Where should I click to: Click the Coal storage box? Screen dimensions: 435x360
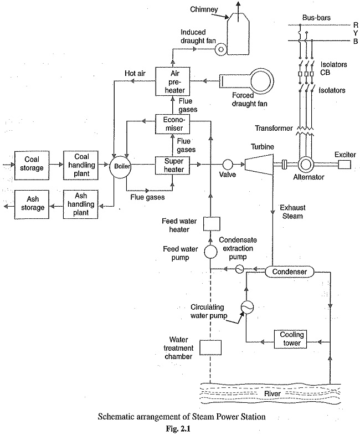[29, 165]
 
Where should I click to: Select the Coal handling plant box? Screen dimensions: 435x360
[81, 165]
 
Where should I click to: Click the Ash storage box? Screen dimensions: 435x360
[29, 203]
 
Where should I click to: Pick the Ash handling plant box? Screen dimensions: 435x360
[81, 203]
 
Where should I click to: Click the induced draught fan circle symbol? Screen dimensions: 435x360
[220, 49]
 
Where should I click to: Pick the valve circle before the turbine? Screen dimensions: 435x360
[228, 165]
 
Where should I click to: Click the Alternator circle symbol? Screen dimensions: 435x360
[304, 165]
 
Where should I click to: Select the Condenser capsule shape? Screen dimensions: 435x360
[290, 272]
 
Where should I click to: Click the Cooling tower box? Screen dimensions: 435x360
[290, 339]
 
